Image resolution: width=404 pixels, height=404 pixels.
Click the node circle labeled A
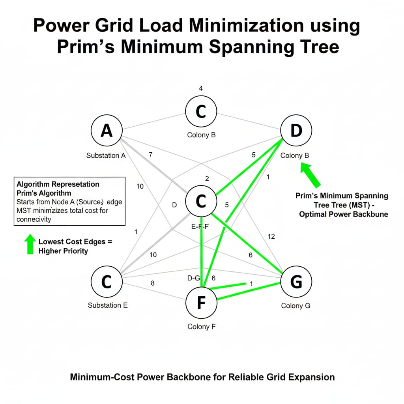(107, 131)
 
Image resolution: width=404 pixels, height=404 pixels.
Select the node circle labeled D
(296, 131)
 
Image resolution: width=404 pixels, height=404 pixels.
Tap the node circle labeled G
(296, 282)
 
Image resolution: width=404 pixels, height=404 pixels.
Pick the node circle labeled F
(201, 303)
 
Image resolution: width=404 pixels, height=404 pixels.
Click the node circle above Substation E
(107, 282)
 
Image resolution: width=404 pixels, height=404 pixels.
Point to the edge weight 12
(271, 236)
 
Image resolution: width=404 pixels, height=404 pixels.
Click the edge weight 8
(153, 283)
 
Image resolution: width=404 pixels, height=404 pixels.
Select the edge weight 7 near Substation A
(150, 155)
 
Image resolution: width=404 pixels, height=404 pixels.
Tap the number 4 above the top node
(201, 88)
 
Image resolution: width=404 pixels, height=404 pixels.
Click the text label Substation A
(106, 155)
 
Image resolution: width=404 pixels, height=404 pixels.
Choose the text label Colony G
(296, 306)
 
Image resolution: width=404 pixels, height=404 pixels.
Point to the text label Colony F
(201, 327)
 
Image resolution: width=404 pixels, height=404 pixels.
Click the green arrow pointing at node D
(310, 175)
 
